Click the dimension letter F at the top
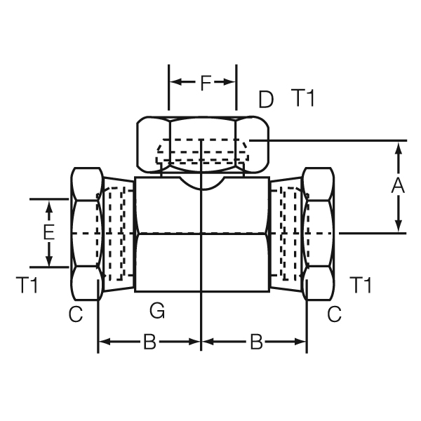[x=205, y=83]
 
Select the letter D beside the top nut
[x=265, y=100]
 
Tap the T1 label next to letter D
[x=303, y=100]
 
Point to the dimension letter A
[x=398, y=186]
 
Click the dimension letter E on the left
[x=48, y=232]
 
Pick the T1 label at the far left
[x=27, y=285]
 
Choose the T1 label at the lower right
[x=361, y=286]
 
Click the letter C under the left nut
[x=76, y=315]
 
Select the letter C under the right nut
[x=334, y=315]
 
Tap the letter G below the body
[x=157, y=309]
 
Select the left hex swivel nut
[x=86, y=233]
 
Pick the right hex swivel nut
[x=317, y=233]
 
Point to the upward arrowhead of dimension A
[x=398, y=147]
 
